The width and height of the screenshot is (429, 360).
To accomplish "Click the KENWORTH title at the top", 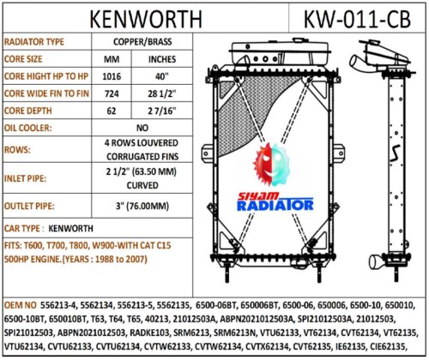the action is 146,19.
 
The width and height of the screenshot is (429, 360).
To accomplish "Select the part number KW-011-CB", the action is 357,19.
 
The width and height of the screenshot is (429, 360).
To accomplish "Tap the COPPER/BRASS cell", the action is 142,42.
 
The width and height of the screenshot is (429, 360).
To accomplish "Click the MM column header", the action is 112,59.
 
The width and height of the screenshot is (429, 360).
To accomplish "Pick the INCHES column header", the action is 162,59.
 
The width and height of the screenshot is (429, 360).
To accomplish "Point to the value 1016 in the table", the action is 112,76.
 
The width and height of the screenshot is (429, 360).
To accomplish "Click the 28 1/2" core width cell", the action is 161,93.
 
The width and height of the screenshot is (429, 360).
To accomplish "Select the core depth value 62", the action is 112,111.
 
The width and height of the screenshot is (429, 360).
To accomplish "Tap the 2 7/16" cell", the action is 161,111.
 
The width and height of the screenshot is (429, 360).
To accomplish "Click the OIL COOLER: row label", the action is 27,128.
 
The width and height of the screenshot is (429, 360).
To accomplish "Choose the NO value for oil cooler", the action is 142,128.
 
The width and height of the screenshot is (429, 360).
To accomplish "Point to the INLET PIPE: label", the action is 25,178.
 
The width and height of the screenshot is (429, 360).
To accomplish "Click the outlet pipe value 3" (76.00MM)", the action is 142,206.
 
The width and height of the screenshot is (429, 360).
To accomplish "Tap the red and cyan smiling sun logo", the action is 271,165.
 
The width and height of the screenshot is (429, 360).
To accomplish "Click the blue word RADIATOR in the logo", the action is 275,206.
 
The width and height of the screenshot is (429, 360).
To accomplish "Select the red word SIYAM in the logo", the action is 258,196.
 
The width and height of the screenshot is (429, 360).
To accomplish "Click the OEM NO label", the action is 21,305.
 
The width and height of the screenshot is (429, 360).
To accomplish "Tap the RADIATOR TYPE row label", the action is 34,42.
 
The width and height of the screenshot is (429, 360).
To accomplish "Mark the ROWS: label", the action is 17,150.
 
